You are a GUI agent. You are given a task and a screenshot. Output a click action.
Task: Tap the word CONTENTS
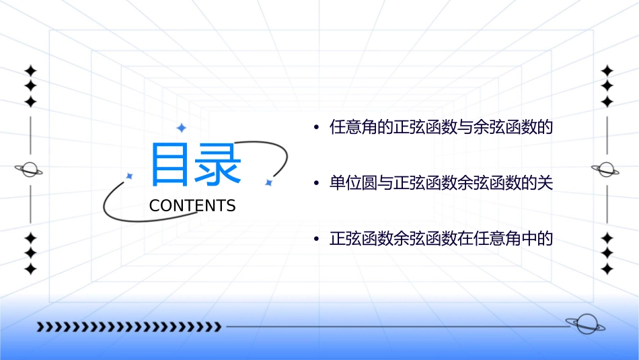192,206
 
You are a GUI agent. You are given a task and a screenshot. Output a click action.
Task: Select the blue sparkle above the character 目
181,128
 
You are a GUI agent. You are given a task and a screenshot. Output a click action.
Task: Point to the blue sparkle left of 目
130,176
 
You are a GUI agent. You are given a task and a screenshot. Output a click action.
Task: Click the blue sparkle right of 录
268,182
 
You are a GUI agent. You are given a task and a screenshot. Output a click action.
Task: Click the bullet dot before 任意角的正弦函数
315,128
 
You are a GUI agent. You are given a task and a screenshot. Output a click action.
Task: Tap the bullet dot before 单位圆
315,184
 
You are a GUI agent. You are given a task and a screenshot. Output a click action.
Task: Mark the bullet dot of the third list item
315,240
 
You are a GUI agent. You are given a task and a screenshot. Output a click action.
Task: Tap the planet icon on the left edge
30,170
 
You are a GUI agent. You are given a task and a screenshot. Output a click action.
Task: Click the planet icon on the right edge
606,170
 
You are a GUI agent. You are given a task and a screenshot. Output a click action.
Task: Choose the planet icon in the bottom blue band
585,324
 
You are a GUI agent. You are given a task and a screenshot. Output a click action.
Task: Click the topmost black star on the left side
30,71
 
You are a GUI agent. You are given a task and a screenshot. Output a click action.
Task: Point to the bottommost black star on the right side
607,269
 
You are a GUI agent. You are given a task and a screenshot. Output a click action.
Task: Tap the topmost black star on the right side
607,71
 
